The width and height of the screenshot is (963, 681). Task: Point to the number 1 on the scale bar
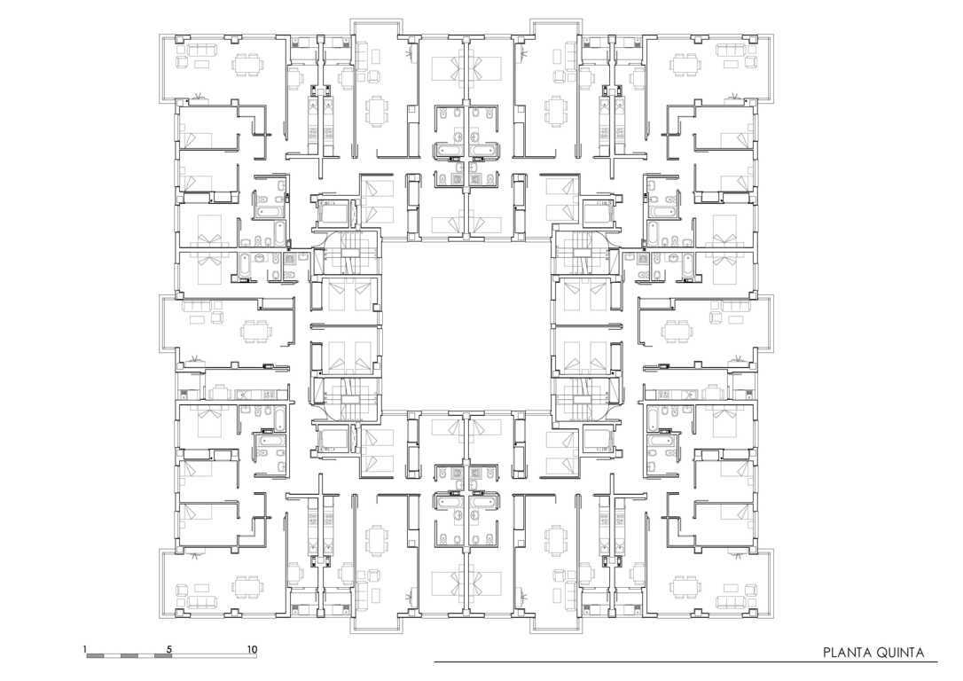85,648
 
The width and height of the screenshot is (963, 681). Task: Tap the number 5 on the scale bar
169,648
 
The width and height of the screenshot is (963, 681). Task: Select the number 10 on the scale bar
252,648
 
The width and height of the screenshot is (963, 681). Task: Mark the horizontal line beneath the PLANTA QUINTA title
685,662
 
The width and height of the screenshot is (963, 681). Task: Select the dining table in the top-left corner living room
249,63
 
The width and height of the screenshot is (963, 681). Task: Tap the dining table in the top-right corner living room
685,63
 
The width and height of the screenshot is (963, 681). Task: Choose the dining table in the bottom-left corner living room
249,587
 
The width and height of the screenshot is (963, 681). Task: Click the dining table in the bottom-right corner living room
685,587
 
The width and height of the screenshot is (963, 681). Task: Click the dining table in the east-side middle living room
677,332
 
